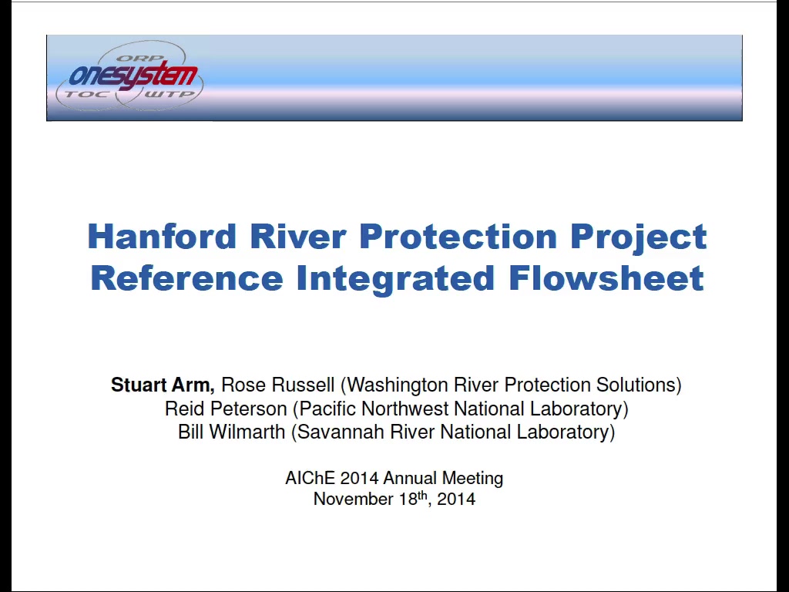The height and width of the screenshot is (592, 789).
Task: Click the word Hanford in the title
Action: coord(162,236)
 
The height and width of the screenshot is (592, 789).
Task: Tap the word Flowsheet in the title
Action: coord(606,277)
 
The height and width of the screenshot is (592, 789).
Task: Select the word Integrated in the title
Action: coord(395,279)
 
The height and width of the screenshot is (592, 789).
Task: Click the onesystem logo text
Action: coord(133,76)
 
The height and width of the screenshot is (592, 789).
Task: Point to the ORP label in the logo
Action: coord(133,58)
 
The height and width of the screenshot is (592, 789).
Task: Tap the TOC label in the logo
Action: coord(86,93)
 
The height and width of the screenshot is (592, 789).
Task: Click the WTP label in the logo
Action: coord(169,93)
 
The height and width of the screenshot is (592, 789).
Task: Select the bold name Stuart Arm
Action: coord(163,385)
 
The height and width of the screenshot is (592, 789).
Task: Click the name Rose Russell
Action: coord(277,385)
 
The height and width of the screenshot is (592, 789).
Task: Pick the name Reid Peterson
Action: coord(226,409)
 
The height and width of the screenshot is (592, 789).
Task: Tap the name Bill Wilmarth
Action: coord(231,432)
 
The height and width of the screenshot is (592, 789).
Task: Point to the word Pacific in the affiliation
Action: coord(327,409)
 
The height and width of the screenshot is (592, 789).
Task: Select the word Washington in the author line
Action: coord(398,385)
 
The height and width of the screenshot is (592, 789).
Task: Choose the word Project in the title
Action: coord(639,237)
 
